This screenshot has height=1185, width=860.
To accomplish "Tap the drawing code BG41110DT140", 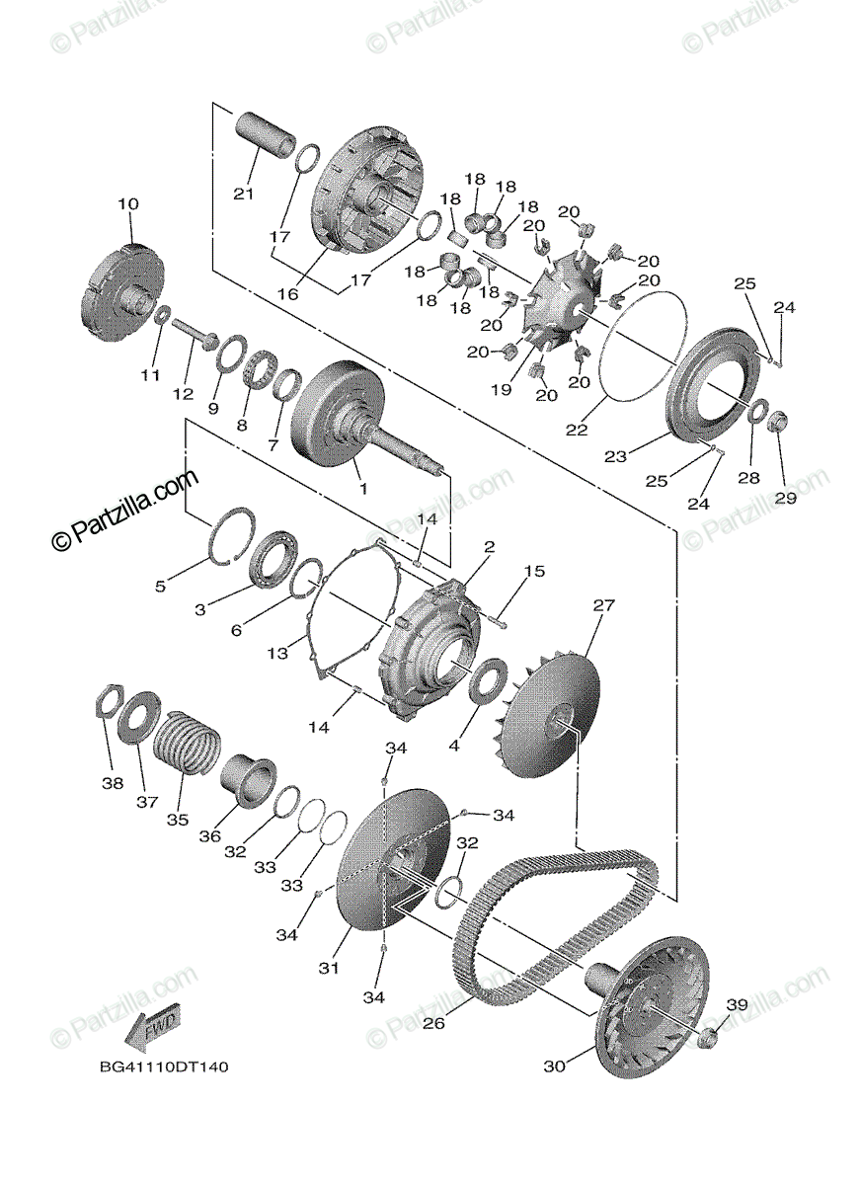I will coord(164,1067).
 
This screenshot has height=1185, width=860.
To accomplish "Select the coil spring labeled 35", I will coord(187,741).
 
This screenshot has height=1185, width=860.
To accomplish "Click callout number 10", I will coord(128,204).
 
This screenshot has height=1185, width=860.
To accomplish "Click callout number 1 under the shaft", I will coord(361,488).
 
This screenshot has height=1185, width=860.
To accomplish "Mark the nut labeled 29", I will coord(777,421).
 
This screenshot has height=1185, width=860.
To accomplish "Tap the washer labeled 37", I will coord(139,719).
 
